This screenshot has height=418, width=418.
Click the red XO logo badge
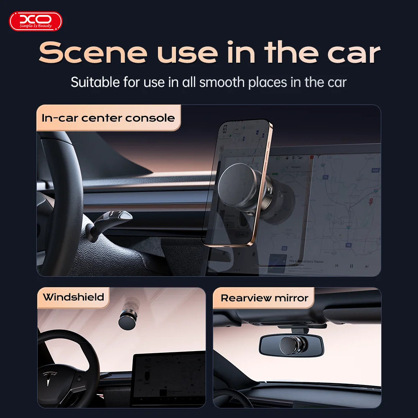pyautogui.click(x=36, y=21)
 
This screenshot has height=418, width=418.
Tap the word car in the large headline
pyautogui.click(x=348, y=53)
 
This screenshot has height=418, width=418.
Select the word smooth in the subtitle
pyautogui.click(x=222, y=82)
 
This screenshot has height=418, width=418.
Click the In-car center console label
pyautogui.click(x=108, y=118)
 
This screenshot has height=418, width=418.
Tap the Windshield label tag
pyautogui.click(x=74, y=298)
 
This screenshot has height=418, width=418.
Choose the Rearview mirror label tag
pyautogui.click(x=264, y=298)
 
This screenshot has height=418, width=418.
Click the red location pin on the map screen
pyautogui.click(x=370, y=202)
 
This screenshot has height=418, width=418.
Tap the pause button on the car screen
pyautogui.click(x=351, y=266)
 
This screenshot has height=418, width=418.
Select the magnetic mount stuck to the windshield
pyautogui.click(x=127, y=319)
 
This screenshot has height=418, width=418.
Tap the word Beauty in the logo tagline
pyautogui.click(x=45, y=26)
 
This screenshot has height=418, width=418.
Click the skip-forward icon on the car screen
pyautogui.click(x=367, y=266)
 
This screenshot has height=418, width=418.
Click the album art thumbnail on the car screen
pyautogui.click(x=277, y=263)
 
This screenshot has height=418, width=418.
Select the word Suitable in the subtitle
pyautogui.click(x=95, y=82)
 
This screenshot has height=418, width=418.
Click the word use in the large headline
pyautogui.click(x=187, y=53)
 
